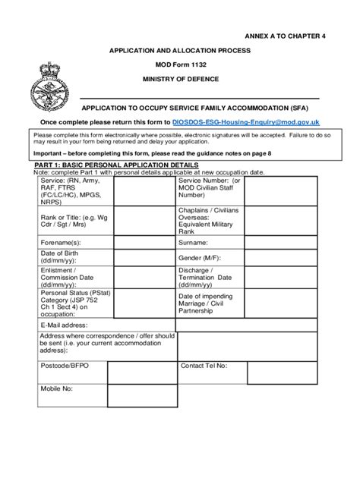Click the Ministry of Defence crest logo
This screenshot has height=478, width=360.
51,82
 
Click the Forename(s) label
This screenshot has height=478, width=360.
61,242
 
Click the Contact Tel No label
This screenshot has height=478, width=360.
204,365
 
